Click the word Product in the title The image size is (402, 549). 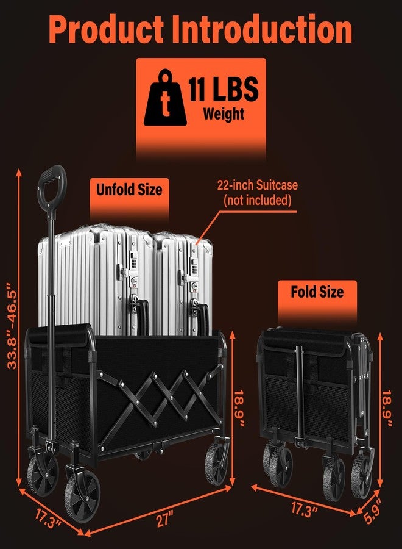[x=107, y=30]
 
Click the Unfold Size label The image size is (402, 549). [x=129, y=190]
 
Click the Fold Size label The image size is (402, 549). [x=317, y=292]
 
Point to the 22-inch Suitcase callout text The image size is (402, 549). [x=258, y=185]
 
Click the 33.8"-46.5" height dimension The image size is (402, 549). [x=13, y=326]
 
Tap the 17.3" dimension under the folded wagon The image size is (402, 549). [x=305, y=509]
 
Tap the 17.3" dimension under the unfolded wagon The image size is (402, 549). [x=48, y=518]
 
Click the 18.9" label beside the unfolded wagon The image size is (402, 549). [x=239, y=408]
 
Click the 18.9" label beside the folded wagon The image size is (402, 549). [x=387, y=408]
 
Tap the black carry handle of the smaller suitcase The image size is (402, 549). [x=202, y=319]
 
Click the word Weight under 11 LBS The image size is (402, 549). [x=224, y=114]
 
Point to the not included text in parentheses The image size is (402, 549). [x=258, y=200]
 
